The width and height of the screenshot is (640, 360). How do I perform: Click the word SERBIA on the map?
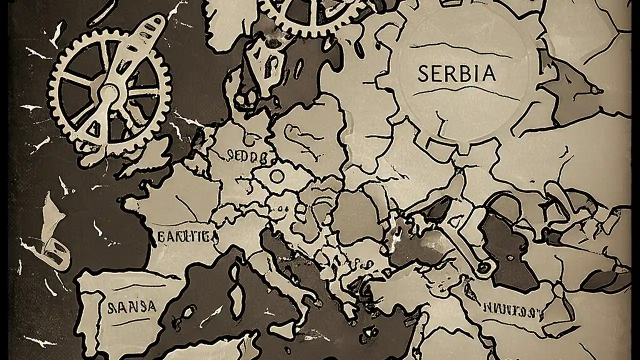pyautogui.click(x=456, y=73)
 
